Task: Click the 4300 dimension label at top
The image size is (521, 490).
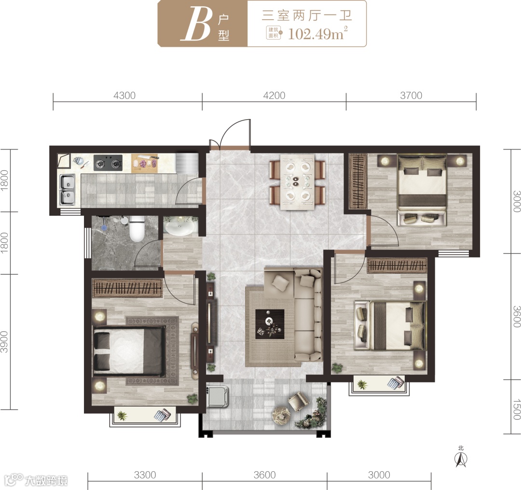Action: click(124, 96)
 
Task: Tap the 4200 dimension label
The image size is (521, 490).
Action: click(274, 96)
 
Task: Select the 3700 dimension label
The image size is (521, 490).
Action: click(411, 96)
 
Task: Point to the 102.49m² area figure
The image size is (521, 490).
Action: click(317, 34)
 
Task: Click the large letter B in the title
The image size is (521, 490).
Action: click(196, 24)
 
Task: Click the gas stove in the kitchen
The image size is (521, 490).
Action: click(108, 163)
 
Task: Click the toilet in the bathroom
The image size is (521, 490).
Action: click(137, 228)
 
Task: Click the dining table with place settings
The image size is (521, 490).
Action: click(297, 182)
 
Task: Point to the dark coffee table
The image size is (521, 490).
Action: click(270, 324)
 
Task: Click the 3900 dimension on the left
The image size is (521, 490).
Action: click(4, 342)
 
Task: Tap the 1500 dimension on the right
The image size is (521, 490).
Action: click(516, 409)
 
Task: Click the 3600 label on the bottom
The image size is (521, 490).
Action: click(264, 475)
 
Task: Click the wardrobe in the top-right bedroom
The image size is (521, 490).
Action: click(358, 181)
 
